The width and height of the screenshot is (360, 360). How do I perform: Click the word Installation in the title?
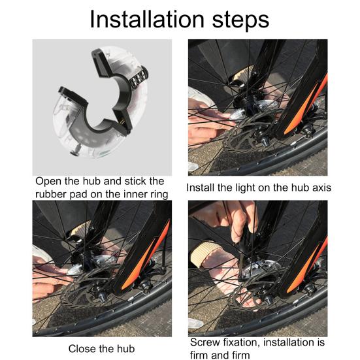click(x=147, y=20)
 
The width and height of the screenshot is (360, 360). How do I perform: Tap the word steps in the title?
click(x=240, y=21)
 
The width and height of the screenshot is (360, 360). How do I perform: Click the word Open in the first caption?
click(x=48, y=182)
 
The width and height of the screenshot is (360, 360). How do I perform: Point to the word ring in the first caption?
click(x=158, y=195)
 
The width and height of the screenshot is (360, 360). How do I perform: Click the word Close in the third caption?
click(x=80, y=349)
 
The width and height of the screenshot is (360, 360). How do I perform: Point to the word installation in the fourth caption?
click(x=289, y=342)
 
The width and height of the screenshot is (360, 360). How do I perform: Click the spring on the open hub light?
click(x=139, y=79)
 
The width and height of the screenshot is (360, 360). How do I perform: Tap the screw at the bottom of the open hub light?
click(x=75, y=152)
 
